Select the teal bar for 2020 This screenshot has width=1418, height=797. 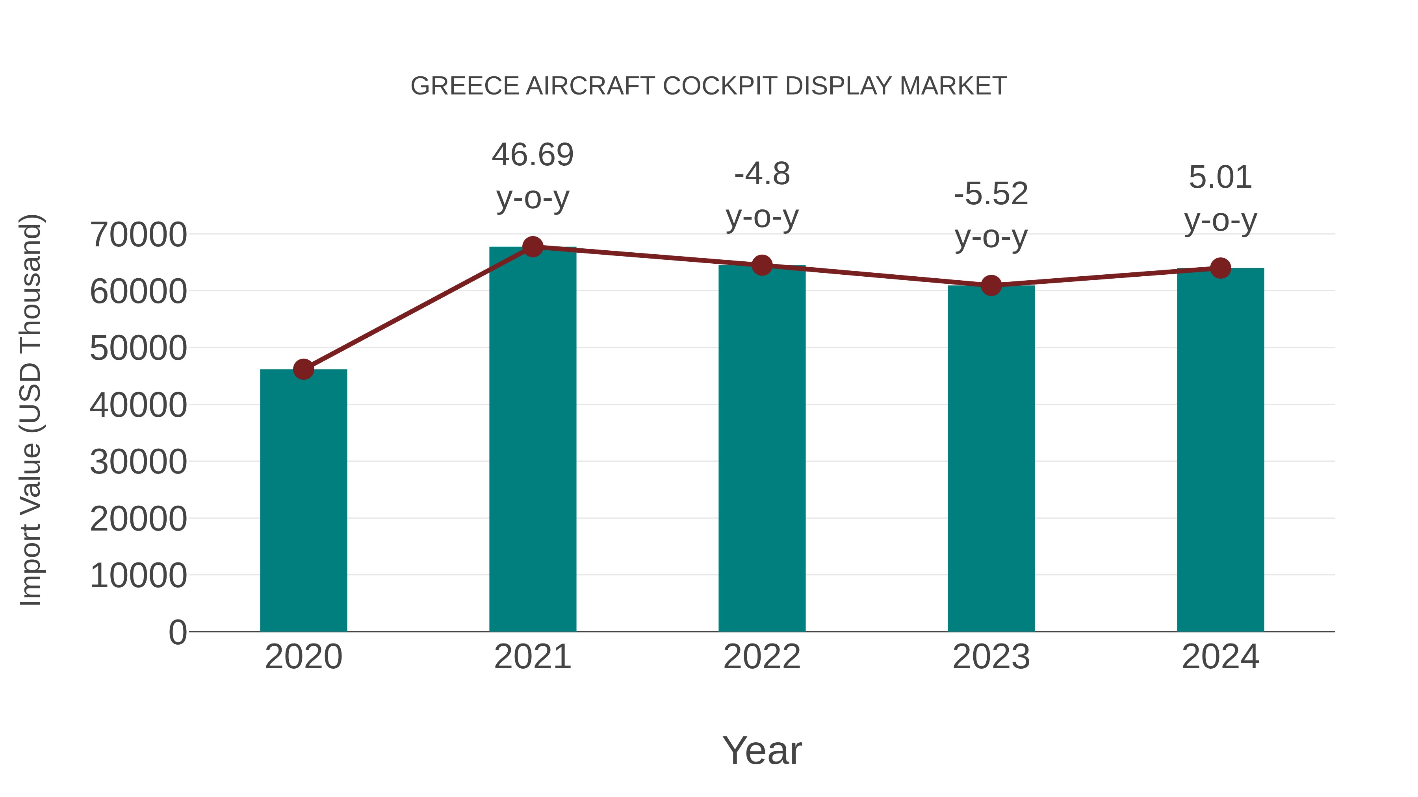pyautogui.click(x=303, y=501)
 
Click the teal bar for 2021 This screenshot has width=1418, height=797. pyautogui.click(x=532, y=440)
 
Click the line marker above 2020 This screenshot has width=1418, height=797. pyautogui.click(x=303, y=369)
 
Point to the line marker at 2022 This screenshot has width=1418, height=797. pyautogui.click(x=762, y=265)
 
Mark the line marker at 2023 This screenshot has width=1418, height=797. pyautogui.click(x=991, y=285)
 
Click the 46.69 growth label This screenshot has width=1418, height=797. pyautogui.click(x=532, y=155)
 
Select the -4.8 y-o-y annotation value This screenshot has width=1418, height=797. pyautogui.click(x=762, y=174)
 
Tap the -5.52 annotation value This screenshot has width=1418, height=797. pyautogui.click(x=991, y=194)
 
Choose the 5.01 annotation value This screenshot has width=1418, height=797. pyautogui.click(x=1220, y=177)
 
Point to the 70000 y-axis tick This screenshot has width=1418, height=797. pyautogui.click(x=138, y=235)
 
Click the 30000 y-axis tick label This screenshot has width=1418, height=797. pyautogui.click(x=138, y=462)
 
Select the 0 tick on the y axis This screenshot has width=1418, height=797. pyautogui.click(x=177, y=632)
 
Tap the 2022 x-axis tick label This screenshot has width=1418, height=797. pyautogui.click(x=762, y=657)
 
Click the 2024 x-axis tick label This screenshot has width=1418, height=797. pyautogui.click(x=1220, y=657)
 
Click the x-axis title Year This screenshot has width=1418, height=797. pyautogui.click(x=762, y=750)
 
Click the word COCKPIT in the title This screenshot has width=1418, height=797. pyautogui.click(x=721, y=86)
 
